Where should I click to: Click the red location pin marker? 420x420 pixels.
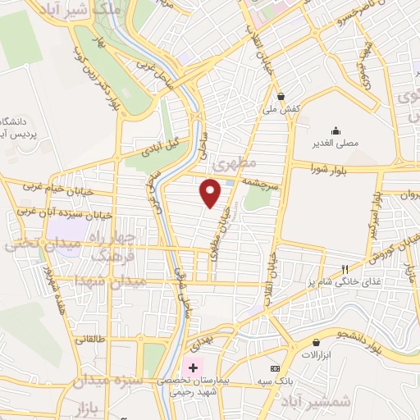(x=211, y=193)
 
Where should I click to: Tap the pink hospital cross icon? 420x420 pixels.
(x=194, y=366)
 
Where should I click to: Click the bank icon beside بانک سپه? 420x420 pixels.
(x=274, y=369)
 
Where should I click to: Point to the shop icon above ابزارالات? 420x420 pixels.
(x=316, y=342)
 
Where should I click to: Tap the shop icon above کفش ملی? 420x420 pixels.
(x=281, y=95)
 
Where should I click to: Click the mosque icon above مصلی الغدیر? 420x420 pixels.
(x=335, y=130)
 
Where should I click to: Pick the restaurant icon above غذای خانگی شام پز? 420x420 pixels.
(x=345, y=269)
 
